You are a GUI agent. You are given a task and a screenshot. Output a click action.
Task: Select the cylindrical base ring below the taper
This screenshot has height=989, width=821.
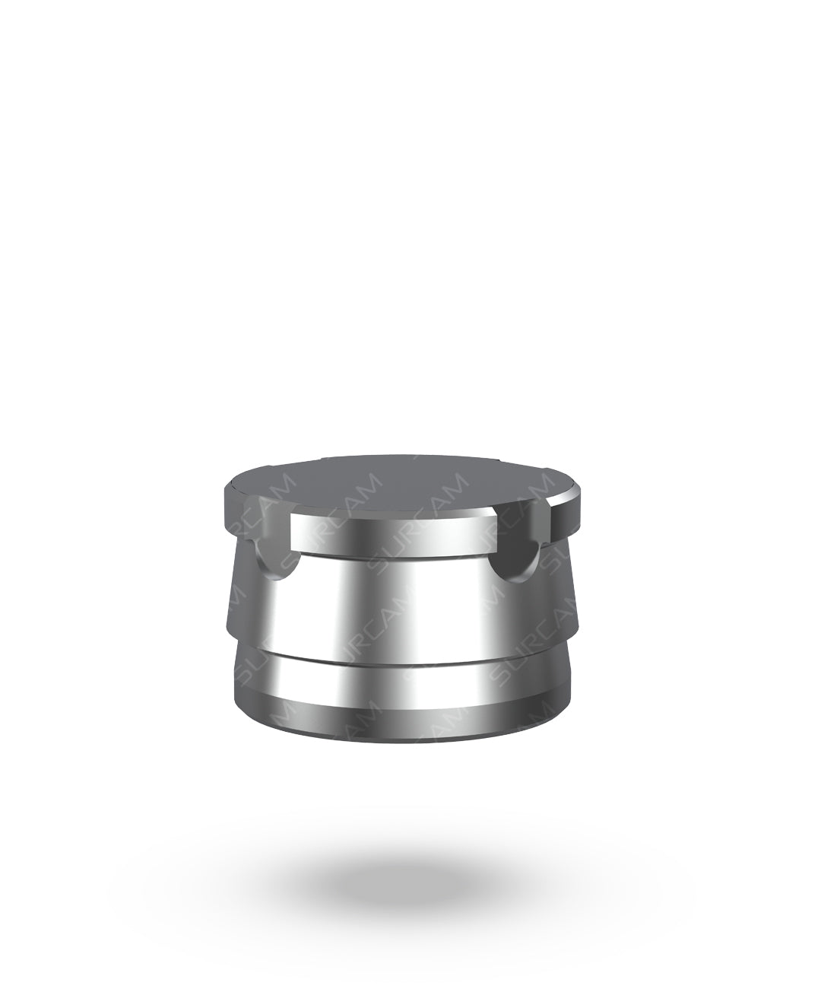395,681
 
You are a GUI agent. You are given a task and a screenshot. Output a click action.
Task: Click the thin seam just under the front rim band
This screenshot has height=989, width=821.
391,555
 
